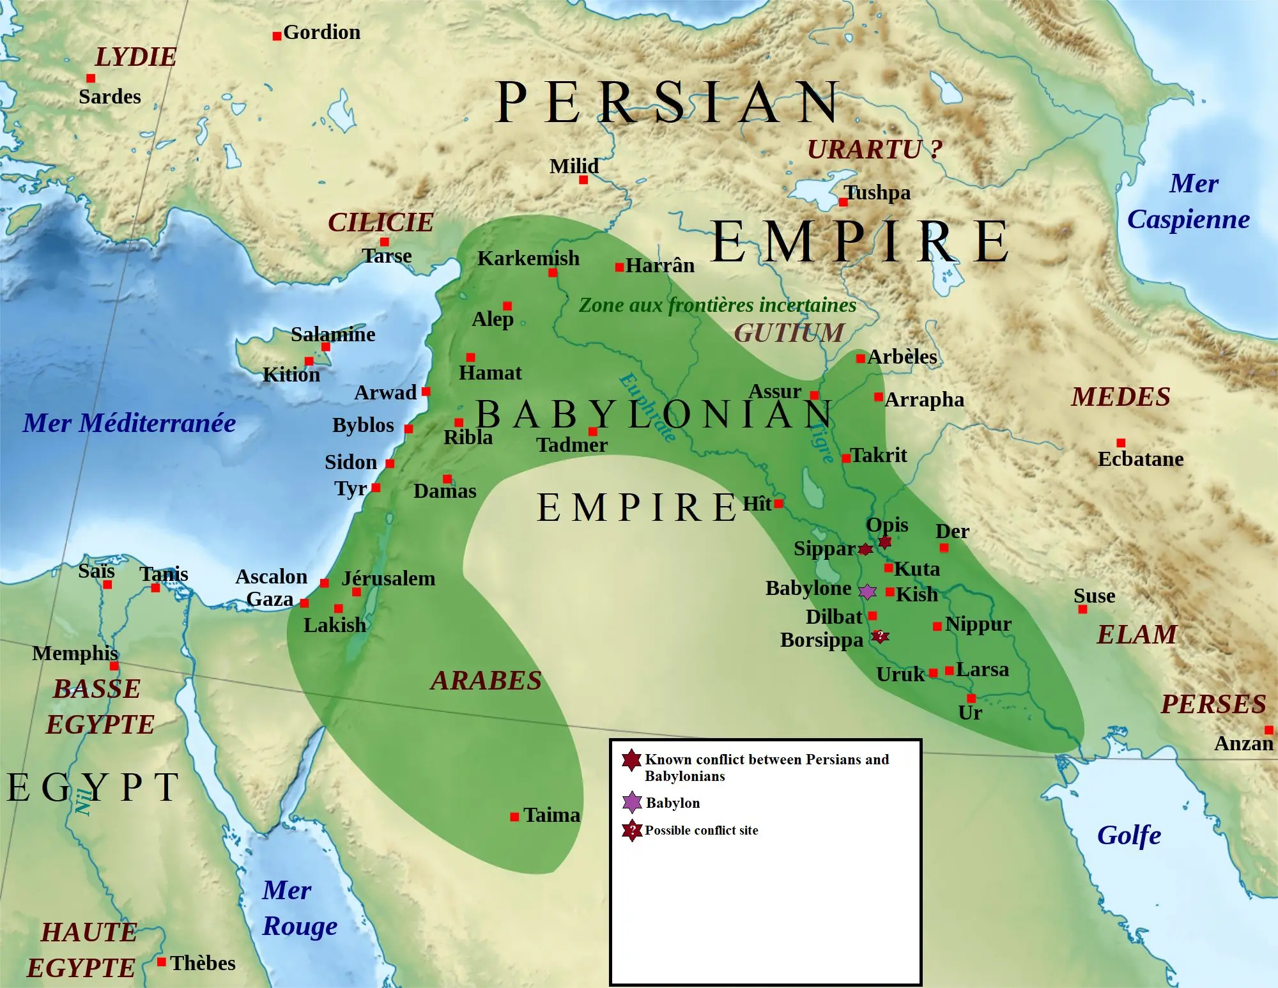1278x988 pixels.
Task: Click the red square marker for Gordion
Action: pyautogui.click(x=277, y=36)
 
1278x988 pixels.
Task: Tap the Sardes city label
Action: pyautogui.click(x=110, y=97)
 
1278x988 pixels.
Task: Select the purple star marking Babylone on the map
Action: pyautogui.click(x=867, y=592)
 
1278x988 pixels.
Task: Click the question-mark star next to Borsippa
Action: pyautogui.click(x=880, y=636)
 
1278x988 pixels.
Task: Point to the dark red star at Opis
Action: pyautogui.click(x=885, y=542)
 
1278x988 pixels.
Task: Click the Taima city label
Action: pyautogui.click(x=551, y=815)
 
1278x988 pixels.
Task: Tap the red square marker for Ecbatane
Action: pyautogui.click(x=1121, y=443)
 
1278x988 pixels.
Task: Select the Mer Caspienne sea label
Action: pyautogui.click(x=1189, y=201)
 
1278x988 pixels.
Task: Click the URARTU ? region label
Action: pyautogui.click(x=874, y=150)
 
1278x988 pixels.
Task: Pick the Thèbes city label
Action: pyautogui.click(x=203, y=963)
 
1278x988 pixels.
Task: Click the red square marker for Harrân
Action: pyautogui.click(x=619, y=267)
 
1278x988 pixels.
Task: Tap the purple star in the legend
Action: pyautogui.click(x=632, y=802)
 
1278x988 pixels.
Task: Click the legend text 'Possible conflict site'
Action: pyautogui.click(x=701, y=831)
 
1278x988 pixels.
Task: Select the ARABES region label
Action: pyautogui.click(x=486, y=681)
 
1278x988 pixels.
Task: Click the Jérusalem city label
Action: pyautogui.click(x=389, y=579)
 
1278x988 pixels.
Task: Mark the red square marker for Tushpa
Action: pyautogui.click(x=843, y=203)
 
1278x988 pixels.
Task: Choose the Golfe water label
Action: pyautogui.click(x=1129, y=836)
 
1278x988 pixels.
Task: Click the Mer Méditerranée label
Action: pyautogui.click(x=129, y=423)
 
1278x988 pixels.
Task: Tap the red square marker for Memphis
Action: pyautogui.click(x=114, y=667)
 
